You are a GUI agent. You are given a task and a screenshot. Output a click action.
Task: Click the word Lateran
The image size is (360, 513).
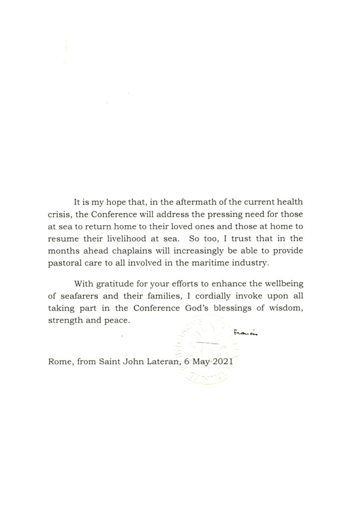pos(161,361)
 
